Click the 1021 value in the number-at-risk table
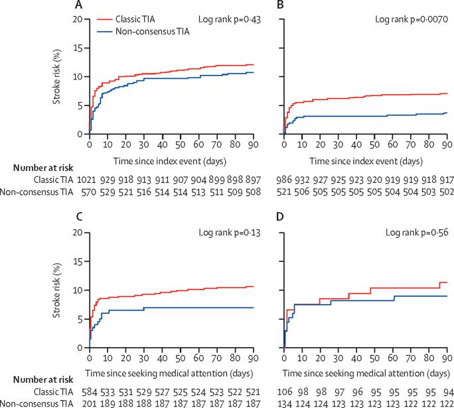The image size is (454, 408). click(89, 179)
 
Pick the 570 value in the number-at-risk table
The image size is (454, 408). click(89, 191)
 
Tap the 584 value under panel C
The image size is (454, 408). click(89, 393)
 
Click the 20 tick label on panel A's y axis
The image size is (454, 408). click(78, 19)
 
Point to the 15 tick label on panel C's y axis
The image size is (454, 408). click(78, 262)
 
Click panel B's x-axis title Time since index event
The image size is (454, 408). click(365, 161)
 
